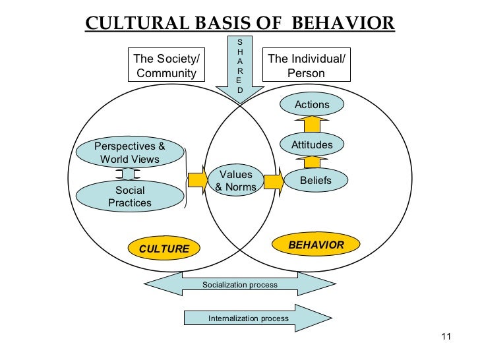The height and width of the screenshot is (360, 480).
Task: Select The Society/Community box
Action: click(x=166, y=66)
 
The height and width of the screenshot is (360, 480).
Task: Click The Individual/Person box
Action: click(x=306, y=66)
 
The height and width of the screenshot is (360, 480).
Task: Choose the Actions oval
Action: click(x=312, y=105)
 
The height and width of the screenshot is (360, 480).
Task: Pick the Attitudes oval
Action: click(x=312, y=144)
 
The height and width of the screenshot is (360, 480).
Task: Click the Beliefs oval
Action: click(x=315, y=180)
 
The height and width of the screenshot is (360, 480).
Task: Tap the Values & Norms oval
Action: click(x=235, y=181)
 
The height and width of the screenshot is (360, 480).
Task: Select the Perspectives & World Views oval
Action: click(x=129, y=153)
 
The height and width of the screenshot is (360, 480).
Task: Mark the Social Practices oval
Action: click(x=129, y=196)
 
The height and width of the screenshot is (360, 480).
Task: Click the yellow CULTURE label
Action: click(x=164, y=249)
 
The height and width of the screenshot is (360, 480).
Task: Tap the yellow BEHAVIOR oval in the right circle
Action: click(x=316, y=245)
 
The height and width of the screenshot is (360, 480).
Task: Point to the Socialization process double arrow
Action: click(x=240, y=285)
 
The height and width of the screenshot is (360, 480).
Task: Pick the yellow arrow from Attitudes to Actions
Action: click(x=312, y=125)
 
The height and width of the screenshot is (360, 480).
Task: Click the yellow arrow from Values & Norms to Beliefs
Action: click(x=274, y=181)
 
